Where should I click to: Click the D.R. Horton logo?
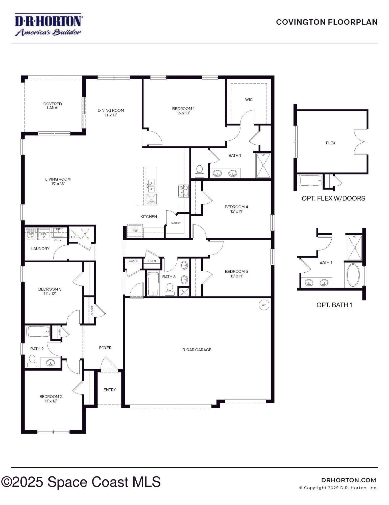48,25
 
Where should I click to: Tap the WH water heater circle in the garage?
264,305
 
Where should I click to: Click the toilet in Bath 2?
32,361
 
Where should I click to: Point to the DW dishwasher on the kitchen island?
151,199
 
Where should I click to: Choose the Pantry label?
176,223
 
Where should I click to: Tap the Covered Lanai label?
53,106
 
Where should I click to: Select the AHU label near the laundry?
73,237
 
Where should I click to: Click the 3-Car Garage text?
197,350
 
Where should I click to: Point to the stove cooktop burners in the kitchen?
184,191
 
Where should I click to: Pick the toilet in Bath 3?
170,289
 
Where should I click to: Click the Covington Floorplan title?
327,22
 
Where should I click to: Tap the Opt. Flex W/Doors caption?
333,198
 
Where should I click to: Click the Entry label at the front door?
110,390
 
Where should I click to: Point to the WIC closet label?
249,100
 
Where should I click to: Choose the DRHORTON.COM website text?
349,480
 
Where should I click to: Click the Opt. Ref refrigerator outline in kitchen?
135,231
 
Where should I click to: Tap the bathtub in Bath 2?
38,332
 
